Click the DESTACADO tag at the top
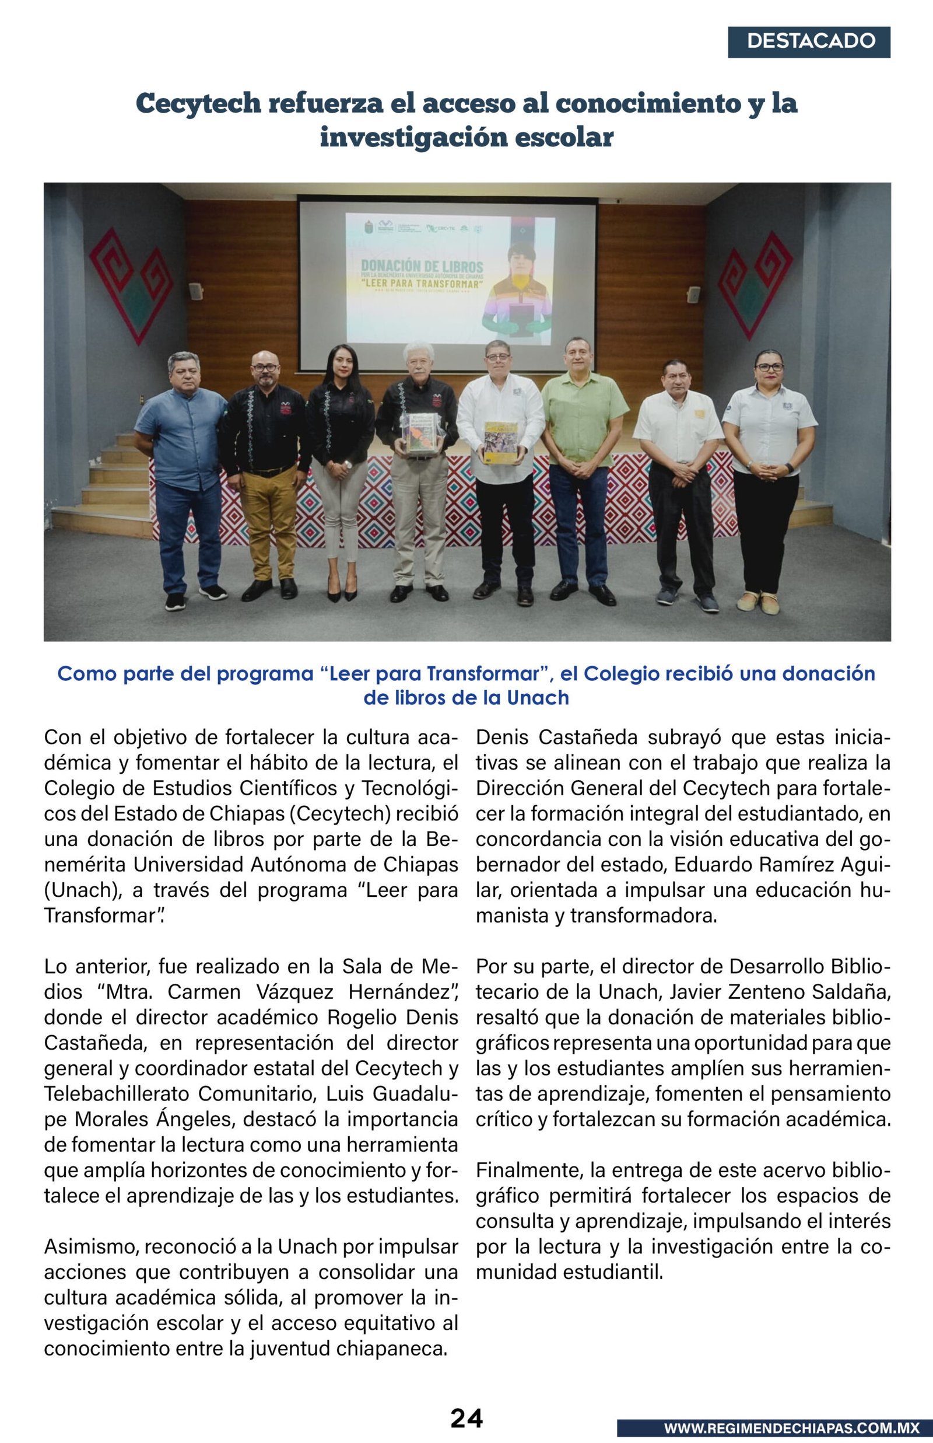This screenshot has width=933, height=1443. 809,42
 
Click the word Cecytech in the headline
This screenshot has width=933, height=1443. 198,103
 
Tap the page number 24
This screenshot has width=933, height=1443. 466,1418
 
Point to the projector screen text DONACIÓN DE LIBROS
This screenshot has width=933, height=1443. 422,266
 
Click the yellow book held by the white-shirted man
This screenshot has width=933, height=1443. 501,442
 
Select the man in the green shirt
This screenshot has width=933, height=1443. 582,460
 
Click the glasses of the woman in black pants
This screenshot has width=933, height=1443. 769,366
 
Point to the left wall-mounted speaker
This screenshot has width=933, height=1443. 195,291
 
